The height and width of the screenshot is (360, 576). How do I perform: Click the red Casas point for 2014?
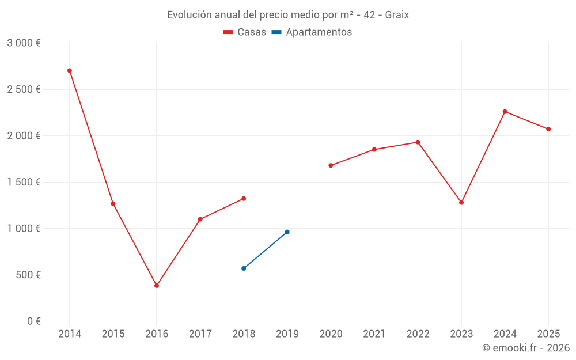pos(70,71)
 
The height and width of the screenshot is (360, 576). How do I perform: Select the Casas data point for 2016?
pos(157,286)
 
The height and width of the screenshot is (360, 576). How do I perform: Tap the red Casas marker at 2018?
pos(244,199)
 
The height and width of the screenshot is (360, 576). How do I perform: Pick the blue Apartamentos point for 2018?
pos(244,268)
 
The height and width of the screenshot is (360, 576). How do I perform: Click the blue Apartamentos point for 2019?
pos(287,232)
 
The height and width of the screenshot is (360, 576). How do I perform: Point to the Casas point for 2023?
pos(461,203)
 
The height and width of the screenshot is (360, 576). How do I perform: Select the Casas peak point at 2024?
pos(505,112)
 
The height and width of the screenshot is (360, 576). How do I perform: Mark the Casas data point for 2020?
pos(331,165)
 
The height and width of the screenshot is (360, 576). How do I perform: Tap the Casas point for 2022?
pos(418,142)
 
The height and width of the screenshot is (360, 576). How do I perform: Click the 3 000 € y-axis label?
pos(24,43)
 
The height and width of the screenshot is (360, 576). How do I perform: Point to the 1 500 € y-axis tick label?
pos(24,182)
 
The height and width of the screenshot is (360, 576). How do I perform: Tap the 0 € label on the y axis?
pos(33,321)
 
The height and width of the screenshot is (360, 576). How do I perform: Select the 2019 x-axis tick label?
pos(287,334)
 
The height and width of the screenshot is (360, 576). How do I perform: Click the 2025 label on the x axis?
pos(548,334)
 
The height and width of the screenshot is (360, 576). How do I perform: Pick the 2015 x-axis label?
pos(113,334)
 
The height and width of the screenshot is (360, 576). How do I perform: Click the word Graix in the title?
pos(397,15)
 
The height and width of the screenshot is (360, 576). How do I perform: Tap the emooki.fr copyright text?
pos(526,348)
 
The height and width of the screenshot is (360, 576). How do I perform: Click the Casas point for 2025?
pos(548,129)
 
